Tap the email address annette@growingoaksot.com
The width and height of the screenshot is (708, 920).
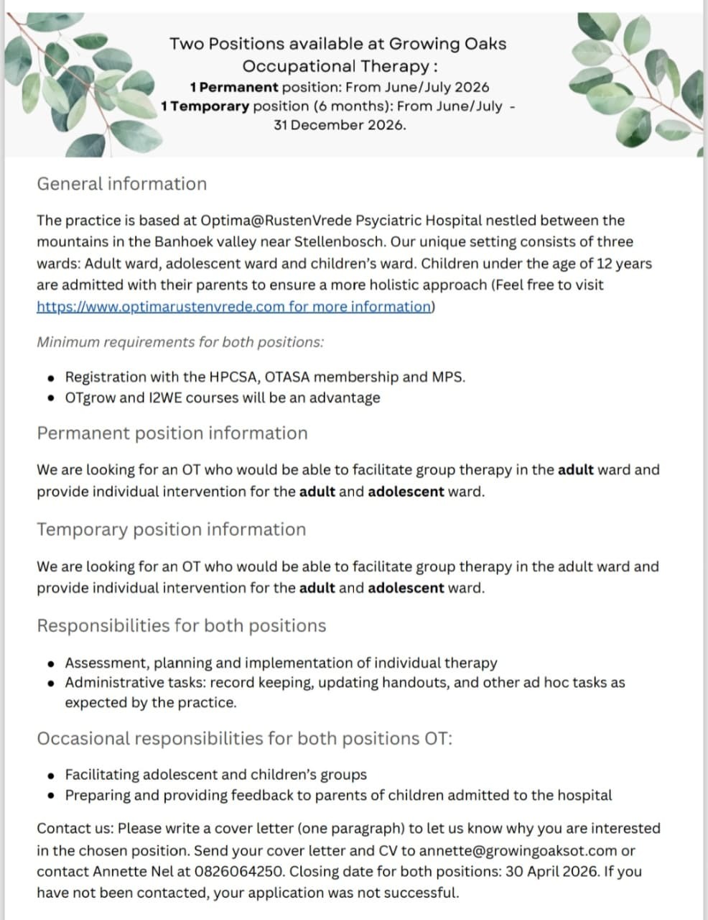(x=518, y=851)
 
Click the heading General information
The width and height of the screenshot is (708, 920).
(x=121, y=184)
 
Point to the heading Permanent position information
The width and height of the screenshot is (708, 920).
(x=172, y=433)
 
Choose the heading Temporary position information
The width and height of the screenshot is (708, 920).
(x=171, y=530)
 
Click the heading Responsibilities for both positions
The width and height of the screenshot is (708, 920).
(x=181, y=626)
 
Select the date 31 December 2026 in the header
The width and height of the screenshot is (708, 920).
(x=339, y=125)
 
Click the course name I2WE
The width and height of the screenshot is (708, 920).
(x=164, y=398)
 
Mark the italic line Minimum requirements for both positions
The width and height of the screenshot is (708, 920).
(x=180, y=342)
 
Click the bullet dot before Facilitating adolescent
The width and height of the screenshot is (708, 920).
(x=50, y=776)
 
